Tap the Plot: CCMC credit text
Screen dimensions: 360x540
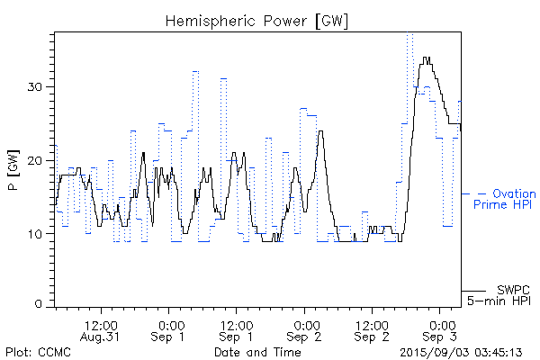click(x=37, y=352)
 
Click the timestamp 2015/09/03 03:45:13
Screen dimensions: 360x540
click(x=462, y=352)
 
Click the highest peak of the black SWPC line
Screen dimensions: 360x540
click(x=427, y=58)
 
